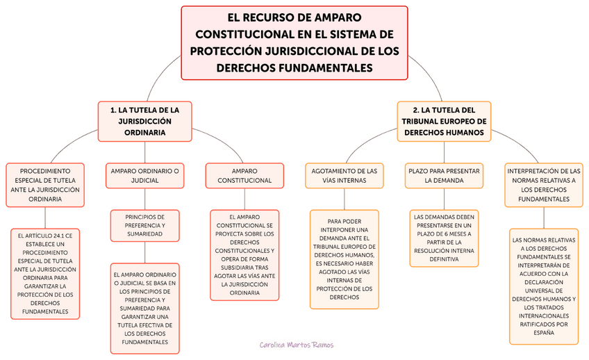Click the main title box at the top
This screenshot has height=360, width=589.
(294, 42)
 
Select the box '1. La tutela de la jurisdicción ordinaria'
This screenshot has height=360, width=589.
(144, 122)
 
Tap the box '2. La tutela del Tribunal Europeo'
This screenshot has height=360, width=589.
(444, 122)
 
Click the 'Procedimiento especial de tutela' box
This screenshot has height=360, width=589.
(44, 184)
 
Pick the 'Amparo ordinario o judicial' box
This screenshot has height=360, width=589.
(144, 175)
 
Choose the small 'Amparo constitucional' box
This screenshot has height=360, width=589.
(244, 175)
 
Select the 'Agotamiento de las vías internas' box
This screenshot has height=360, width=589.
(344, 175)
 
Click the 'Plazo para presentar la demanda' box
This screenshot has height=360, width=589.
(444, 175)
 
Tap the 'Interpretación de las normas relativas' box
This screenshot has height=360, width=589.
(544, 184)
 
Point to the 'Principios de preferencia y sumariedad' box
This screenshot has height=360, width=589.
(144, 225)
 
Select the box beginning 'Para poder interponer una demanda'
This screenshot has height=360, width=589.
(344, 259)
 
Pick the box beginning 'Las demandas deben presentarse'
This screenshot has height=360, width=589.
(444, 238)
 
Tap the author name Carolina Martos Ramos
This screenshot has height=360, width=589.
(297, 345)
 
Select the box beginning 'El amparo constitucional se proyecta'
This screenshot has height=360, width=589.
(244, 254)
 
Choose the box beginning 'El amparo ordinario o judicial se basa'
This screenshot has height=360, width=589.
(144, 308)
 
